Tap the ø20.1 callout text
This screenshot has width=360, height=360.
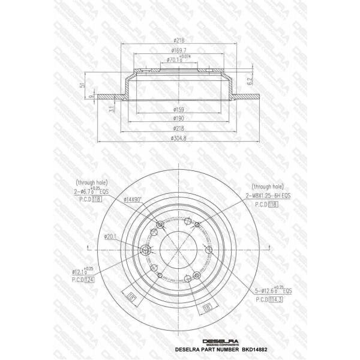point(109,236)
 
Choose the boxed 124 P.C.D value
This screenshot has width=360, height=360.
point(90,280)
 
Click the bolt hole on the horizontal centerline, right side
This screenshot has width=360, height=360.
point(208,250)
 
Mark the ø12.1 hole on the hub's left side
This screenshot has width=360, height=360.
point(145,250)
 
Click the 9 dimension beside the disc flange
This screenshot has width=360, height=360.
point(90,97)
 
